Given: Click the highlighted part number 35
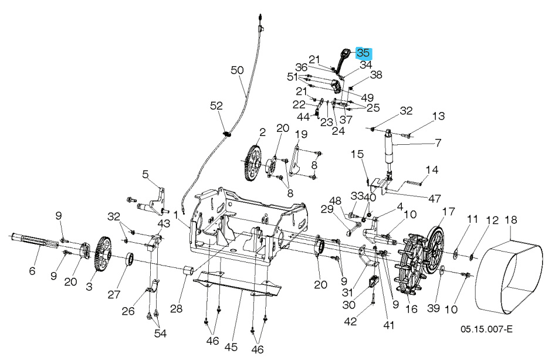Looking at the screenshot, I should (x=363, y=53).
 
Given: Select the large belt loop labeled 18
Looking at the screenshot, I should (x=510, y=273).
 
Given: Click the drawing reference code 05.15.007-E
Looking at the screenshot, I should (x=486, y=330).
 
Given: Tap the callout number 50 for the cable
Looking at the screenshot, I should (x=237, y=70).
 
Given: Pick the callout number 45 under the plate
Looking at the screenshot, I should (x=231, y=347).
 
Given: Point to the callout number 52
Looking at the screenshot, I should (x=217, y=106).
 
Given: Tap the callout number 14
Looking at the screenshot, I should (x=432, y=170).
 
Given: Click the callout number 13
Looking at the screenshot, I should (x=439, y=116).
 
